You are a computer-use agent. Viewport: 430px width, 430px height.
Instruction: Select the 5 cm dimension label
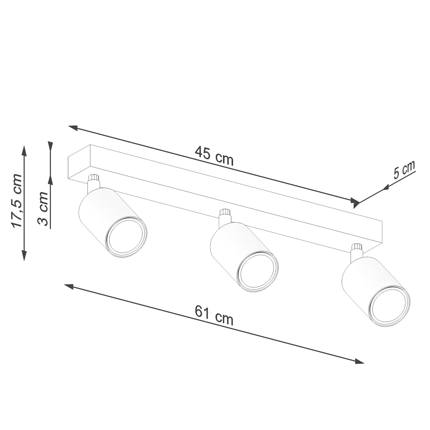pos(404,170)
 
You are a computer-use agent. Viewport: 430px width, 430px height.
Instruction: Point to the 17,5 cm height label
pos(17,201)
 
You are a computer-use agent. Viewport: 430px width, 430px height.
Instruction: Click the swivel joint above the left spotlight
pos(94,178)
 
